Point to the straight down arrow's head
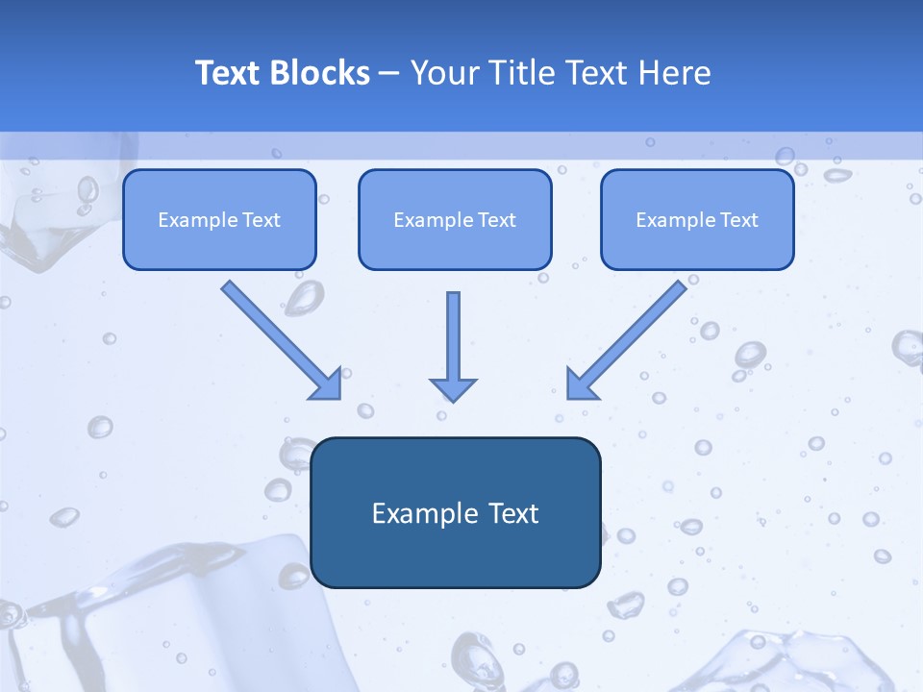(453, 389)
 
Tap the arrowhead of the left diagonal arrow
(327, 384)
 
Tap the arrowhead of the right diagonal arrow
(582, 384)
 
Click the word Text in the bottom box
(514, 513)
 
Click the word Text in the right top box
(738, 220)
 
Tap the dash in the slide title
(389, 73)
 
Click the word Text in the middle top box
(497, 220)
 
